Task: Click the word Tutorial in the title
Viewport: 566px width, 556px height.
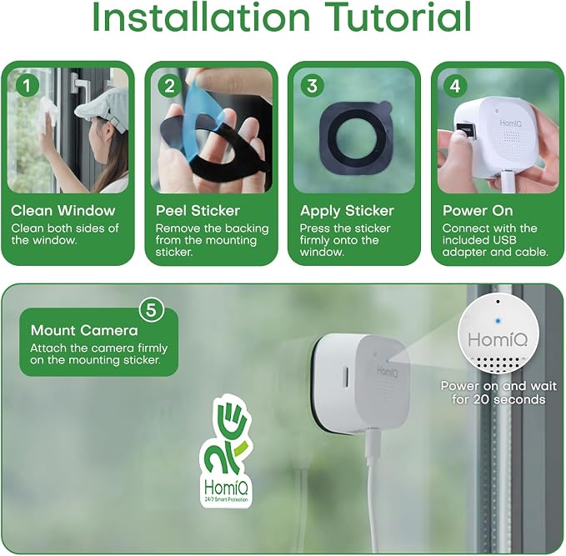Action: tap(398, 17)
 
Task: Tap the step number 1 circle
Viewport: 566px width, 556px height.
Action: tap(28, 86)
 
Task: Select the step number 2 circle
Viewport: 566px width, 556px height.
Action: tap(170, 86)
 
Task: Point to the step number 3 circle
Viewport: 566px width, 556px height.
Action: tap(313, 86)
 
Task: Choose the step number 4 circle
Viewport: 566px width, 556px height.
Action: tap(455, 86)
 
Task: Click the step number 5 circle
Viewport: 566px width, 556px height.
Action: tap(151, 310)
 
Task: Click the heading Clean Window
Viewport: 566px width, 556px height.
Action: tap(63, 211)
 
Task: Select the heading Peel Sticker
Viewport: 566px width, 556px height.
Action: tap(198, 211)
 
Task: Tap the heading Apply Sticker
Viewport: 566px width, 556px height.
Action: tap(347, 211)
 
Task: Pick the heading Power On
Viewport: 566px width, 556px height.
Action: tap(478, 211)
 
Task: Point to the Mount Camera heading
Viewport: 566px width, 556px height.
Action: tap(84, 330)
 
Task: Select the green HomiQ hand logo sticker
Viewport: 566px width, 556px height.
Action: tap(226, 451)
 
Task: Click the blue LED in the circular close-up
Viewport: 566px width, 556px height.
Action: tap(498, 321)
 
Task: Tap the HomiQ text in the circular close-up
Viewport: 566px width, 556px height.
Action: tap(498, 339)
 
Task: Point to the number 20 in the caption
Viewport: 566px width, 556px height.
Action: tap(481, 399)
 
